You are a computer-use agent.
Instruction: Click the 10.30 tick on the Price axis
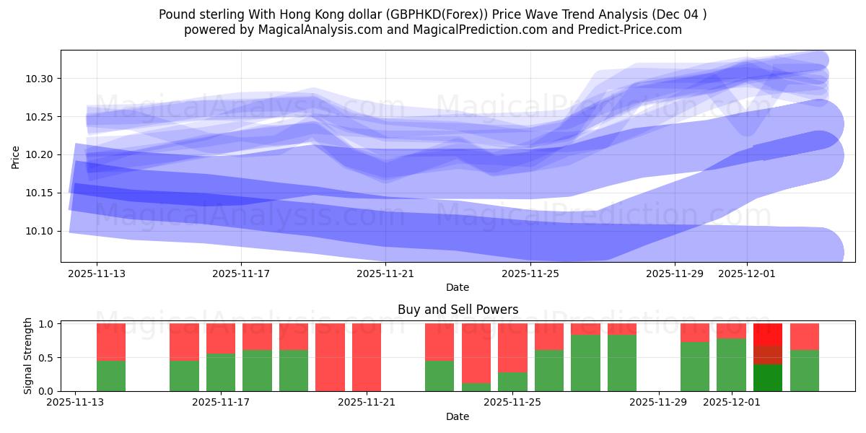pyautogui.click(x=40, y=79)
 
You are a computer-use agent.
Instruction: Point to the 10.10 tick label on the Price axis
pyautogui.click(x=40, y=231)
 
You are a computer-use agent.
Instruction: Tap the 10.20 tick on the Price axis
pyautogui.click(x=40, y=155)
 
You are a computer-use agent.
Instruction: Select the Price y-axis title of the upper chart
pyautogui.click(x=16, y=156)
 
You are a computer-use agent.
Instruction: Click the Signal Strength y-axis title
pyautogui.click(x=28, y=356)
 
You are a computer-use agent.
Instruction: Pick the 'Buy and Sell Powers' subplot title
pyautogui.click(x=458, y=310)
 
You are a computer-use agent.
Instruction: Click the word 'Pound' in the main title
pyautogui.click(x=176, y=14)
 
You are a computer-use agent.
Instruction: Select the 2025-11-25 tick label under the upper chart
pyautogui.click(x=530, y=274)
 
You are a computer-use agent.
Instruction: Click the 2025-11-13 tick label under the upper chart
pyautogui.click(x=97, y=274)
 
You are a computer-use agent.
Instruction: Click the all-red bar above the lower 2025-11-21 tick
pyautogui.click(x=367, y=357)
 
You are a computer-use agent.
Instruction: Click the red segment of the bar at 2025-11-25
pyautogui.click(x=512, y=347)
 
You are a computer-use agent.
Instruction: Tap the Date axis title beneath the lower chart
pyautogui.click(x=458, y=416)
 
